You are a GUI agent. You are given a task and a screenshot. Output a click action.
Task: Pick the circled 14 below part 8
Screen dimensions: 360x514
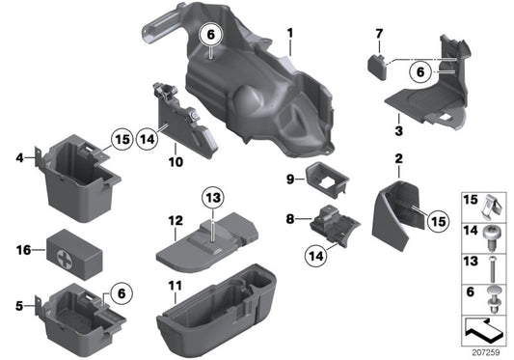[x=312, y=256]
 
